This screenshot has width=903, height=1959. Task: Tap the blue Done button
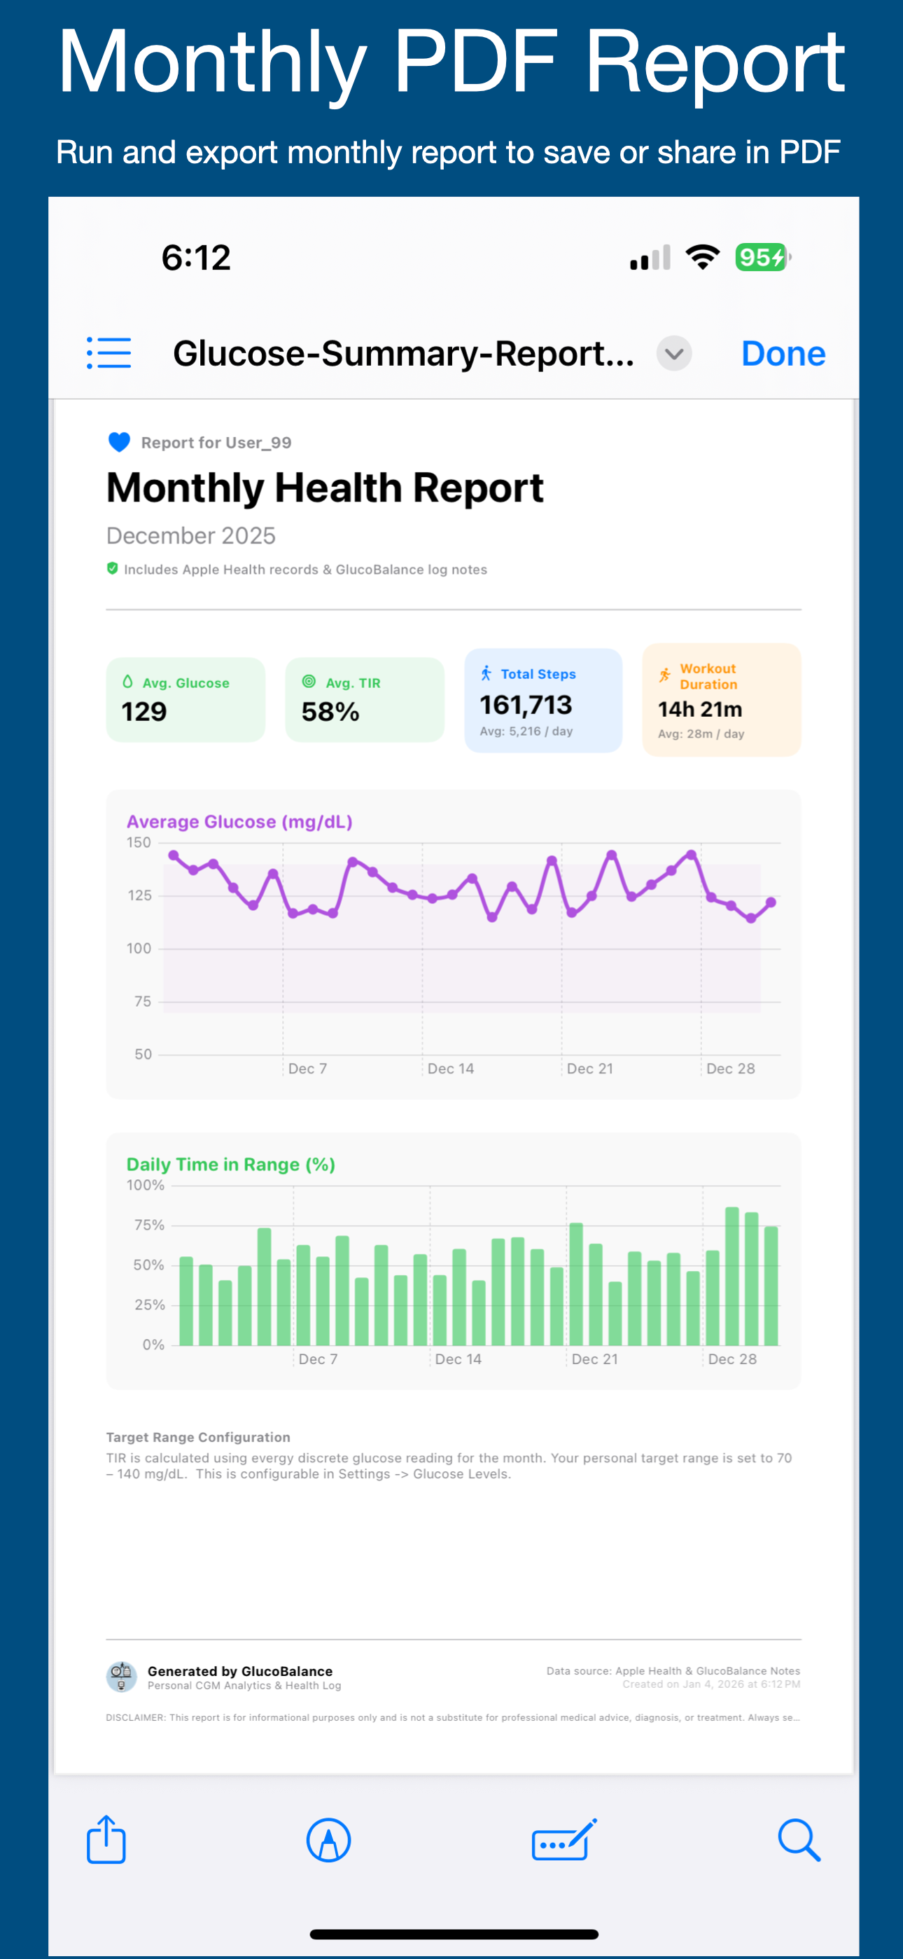pyautogui.click(x=783, y=354)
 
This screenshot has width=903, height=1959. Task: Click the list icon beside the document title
pyautogui.click(x=108, y=353)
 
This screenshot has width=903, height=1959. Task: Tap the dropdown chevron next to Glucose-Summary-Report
pyautogui.click(x=673, y=354)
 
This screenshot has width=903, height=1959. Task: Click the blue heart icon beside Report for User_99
pyautogui.click(x=119, y=442)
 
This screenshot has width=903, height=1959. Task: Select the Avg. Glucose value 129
pyautogui.click(x=143, y=712)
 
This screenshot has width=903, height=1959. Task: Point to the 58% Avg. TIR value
pyautogui.click(x=330, y=712)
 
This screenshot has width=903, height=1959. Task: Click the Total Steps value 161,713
pyautogui.click(x=525, y=705)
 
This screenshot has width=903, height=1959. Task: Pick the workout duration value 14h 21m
pyautogui.click(x=699, y=709)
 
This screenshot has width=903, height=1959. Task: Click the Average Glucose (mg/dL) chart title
pyautogui.click(x=239, y=822)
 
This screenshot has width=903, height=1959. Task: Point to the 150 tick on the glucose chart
pyautogui.click(x=139, y=843)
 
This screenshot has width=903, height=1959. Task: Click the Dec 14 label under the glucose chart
pyautogui.click(x=451, y=1068)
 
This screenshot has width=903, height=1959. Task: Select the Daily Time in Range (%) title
pyautogui.click(x=230, y=1164)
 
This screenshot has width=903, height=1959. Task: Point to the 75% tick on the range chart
pyautogui.click(x=149, y=1225)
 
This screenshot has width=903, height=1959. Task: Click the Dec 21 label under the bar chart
pyautogui.click(x=594, y=1359)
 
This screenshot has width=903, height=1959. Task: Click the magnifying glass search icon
pyautogui.click(x=799, y=1841)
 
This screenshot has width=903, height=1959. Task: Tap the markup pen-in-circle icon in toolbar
pyautogui.click(x=328, y=1841)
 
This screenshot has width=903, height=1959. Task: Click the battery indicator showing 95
pyautogui.click(x=762, y=257)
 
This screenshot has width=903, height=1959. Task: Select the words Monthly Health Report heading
pyautogui.click(x=325, y=488)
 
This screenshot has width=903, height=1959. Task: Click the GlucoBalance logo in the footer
pyautogui.click(x=122, y=1677)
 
